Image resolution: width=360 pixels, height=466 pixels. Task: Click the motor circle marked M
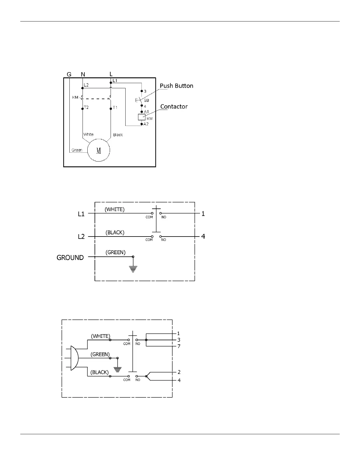click(99, 150)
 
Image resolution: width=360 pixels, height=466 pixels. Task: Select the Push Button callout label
click(176, 86)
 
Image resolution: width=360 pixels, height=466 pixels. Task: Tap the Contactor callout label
click(174, 106)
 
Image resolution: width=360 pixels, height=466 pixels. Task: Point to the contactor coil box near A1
click(142, 117)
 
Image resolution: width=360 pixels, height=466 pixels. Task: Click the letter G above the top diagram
click(69, 74)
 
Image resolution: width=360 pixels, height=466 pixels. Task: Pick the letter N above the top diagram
click(83, 74)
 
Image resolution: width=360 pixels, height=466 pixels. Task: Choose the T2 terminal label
click(86, 108)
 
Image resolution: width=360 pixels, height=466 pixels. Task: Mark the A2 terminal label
click(146, 124)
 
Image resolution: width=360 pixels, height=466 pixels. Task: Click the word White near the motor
click(88, 134)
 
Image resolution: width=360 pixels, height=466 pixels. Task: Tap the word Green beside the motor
click(77, 150)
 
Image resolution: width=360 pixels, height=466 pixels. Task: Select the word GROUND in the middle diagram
click(70, 258)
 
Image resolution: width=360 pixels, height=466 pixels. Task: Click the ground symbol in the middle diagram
click(133, 268)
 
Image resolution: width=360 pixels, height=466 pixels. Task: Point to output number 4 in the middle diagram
click(203, 236)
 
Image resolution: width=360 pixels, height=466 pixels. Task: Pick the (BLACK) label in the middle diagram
click(115, 232)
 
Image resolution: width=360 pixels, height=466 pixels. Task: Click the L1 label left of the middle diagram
click(81, 214)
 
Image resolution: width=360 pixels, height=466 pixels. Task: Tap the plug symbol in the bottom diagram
click(74, 358)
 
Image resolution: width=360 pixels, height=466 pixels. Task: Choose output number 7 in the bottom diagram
click(179, 346)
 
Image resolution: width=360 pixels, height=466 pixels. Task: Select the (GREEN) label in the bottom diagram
click(100, 355)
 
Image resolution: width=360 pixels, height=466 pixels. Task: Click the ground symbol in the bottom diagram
click(118, 370)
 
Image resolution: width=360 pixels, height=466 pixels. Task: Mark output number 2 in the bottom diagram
click(179, 372)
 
